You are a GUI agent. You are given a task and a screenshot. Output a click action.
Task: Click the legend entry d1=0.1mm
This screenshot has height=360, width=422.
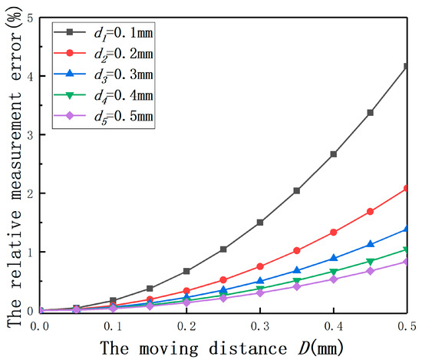pos(104,33)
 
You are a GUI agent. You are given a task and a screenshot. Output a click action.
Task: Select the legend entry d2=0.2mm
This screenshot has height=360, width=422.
pos(104,54)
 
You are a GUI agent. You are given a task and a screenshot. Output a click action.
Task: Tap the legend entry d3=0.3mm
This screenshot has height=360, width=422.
pos(104,74)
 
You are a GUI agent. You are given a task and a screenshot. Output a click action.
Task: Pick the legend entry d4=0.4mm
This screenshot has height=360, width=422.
pos(104,95)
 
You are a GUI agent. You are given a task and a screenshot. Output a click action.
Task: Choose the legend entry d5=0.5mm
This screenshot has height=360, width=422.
pos(104,116)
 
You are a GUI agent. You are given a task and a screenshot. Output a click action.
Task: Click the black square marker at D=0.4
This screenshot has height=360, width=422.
pos(334,154)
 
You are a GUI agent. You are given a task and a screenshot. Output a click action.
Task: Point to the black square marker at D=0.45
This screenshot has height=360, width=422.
pos(371,113)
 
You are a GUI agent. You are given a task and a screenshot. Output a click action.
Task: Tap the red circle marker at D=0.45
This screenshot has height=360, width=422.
pos(371,212)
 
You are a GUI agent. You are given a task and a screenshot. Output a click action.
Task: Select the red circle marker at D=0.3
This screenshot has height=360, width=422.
pos(260,266)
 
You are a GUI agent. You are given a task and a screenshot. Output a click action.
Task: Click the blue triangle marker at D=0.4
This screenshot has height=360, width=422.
pos(334,258)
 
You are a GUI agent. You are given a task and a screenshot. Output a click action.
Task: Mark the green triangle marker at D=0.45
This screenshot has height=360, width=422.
pos(371,262)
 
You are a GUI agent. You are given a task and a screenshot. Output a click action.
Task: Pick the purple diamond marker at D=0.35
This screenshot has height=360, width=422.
pos(297,286)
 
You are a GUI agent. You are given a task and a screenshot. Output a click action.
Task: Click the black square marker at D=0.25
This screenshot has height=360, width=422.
pos(223,249)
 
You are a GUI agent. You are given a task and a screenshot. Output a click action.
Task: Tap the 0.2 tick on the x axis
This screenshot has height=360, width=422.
pos(186,326)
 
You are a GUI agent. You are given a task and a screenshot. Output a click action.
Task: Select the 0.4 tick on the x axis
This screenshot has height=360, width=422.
pos(334,326)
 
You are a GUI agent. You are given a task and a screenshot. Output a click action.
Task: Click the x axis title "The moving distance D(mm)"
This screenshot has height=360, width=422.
pos(223,348)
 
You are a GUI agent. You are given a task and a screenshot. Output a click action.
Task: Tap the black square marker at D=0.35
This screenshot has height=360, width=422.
pos(297,190)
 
